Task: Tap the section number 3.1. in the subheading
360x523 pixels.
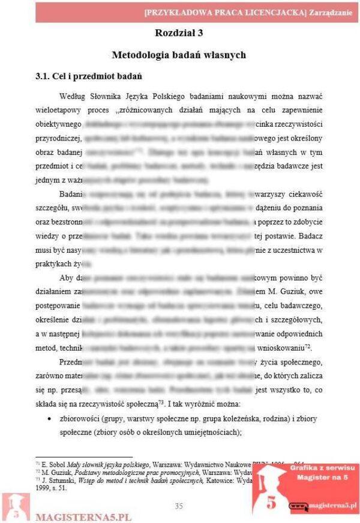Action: [x=44, y=76]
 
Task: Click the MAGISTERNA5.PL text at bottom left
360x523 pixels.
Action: [x=83, y=516]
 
